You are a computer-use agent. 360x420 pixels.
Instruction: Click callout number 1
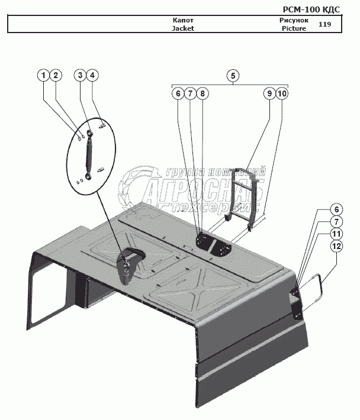coord(43,75)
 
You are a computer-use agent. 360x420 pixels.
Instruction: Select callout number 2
coord(55,75)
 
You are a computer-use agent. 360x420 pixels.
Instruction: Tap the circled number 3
coord(80,75)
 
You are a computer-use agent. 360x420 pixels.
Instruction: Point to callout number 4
coord(92,75)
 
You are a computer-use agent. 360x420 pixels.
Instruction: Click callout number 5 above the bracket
coord(233,75)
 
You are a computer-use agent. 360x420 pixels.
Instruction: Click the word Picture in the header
coord(294,28)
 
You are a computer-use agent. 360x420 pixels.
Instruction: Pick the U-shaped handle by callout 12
coord(316,289)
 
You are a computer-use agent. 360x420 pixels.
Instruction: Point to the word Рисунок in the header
coord(294,20)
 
